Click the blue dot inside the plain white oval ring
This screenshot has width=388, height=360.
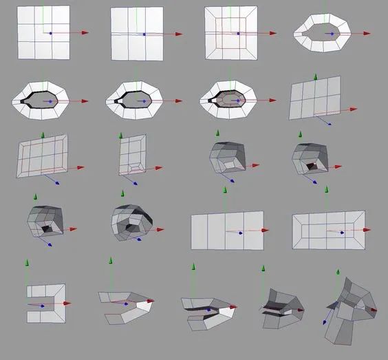click(330, 33)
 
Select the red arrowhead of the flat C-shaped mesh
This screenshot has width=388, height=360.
click(67, 304)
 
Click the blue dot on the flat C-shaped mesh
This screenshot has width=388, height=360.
click(42, 305)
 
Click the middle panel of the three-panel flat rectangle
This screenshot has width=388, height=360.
click(226, 231)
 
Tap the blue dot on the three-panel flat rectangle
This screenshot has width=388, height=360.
click(239, 233)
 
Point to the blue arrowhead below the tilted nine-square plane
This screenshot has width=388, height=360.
click(328, 125)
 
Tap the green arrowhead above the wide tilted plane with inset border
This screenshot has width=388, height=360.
click(43, 134)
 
